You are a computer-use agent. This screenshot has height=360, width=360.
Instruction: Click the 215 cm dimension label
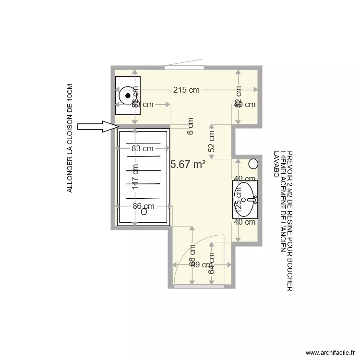(x=187, y=90)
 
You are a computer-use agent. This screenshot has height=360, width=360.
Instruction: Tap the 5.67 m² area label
(x=188, y=164)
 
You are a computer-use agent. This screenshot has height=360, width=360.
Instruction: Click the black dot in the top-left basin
(x=128, y=96)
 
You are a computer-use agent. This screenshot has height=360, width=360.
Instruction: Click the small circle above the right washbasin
(x=253, y=164)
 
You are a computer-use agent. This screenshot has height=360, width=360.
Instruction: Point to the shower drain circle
(x=144, y=214)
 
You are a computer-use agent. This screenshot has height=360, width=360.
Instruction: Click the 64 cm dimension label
(x=212, y=264)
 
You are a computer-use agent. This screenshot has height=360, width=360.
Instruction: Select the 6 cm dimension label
(x=191, y=126)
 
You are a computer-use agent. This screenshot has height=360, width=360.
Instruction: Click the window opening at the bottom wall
(x=199, y=287)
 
